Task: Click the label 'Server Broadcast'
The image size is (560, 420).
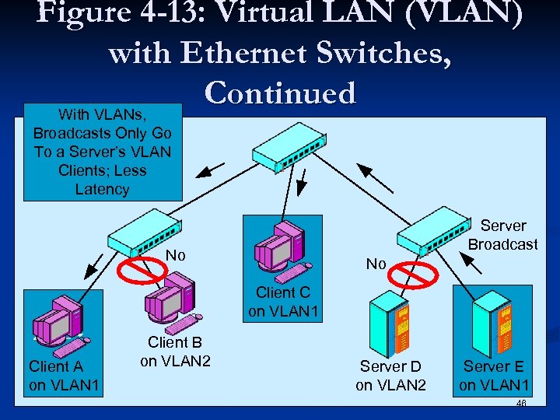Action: coord(502,235)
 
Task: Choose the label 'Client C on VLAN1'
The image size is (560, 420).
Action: coord(282,303)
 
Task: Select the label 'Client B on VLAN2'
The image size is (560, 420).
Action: coord(175,352)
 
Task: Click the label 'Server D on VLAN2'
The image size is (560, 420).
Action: coord(390,375)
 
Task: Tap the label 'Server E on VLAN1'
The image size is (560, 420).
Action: coord(494,375)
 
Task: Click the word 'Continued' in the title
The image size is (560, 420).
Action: coord(280,93)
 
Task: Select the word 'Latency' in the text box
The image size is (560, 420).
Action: coord(102,189)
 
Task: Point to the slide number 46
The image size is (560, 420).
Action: coord(520,404)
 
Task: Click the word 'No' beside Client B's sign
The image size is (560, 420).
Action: coord(177,255)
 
